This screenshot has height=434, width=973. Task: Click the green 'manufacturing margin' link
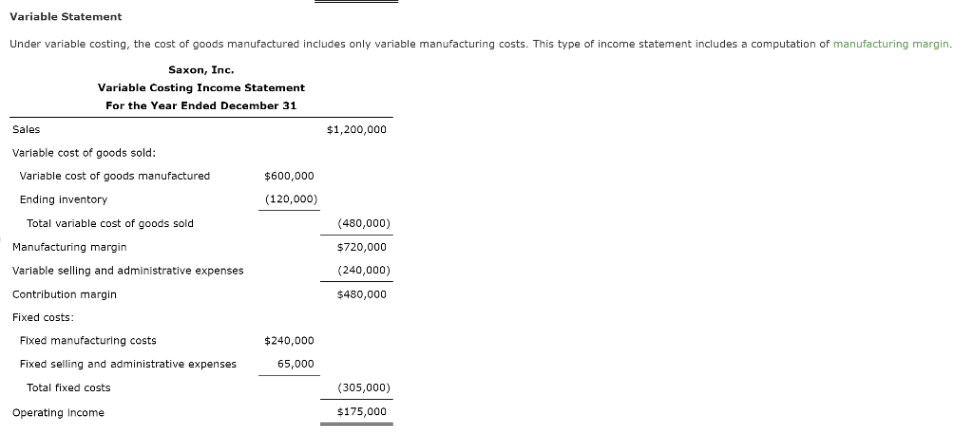(891, 45)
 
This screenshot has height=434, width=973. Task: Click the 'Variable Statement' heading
(66, 17)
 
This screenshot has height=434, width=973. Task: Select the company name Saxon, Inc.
(200, 69)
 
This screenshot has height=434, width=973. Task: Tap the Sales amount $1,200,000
(356, 129)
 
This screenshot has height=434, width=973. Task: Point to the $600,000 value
(289, 176)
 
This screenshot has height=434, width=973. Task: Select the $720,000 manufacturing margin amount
(362, 247)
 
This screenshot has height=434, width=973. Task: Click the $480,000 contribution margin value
(362, 294)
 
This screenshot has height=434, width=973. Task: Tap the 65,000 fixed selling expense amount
(296, 364)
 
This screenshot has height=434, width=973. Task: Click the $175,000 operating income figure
(362, 412)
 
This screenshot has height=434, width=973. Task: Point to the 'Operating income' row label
(58, 412)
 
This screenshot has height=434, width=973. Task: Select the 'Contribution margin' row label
(65, 294)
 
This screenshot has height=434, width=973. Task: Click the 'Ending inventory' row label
(64, 199)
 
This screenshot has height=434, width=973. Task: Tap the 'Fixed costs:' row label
(43, 317)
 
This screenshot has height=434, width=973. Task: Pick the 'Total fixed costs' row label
(68, 387)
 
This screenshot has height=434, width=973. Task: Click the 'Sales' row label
(27, 129)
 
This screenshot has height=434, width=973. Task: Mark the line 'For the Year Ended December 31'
(200, 105)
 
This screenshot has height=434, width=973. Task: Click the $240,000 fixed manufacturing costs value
(289, 341)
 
